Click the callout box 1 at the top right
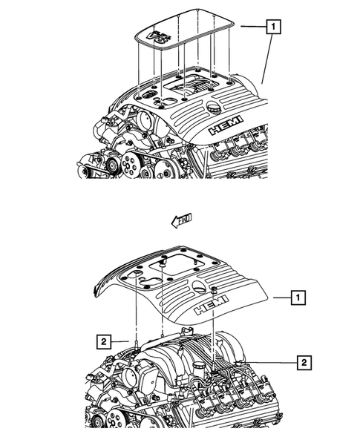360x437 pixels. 275,27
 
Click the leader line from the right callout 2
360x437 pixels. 267,362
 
